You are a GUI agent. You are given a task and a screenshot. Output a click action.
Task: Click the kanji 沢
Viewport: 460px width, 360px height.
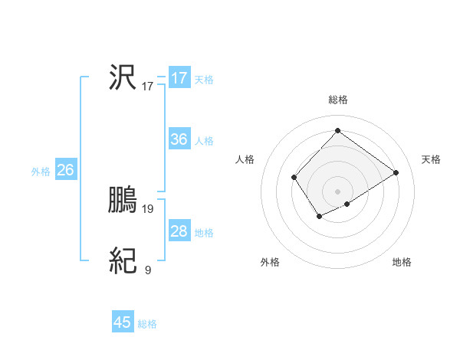(123, 78)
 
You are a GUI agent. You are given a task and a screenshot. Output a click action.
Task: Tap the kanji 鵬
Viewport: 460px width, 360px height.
(123, 201)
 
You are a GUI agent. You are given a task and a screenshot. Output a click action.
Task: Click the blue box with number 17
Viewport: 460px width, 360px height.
(179, 78)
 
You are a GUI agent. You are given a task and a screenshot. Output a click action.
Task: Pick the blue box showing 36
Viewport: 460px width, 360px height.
(179, 139)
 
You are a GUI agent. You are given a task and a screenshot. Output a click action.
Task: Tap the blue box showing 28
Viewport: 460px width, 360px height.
(179, 231)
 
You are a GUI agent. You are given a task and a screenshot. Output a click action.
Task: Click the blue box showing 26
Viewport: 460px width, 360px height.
(65, 170)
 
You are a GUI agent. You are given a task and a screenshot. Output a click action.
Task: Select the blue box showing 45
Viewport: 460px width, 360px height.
(123, 322)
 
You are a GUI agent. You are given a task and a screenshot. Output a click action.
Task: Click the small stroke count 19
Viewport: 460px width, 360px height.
(148, 208)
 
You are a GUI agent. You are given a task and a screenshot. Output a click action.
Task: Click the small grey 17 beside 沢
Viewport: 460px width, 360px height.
(148, 86)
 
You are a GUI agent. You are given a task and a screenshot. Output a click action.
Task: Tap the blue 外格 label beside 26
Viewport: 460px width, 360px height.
(41, 172)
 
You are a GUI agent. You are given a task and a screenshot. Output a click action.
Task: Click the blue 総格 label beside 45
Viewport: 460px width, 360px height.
(147, 324)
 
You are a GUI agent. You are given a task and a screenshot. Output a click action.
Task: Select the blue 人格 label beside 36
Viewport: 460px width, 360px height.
(204, 141)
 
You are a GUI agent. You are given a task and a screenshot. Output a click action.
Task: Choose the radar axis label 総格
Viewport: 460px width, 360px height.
(337, 100)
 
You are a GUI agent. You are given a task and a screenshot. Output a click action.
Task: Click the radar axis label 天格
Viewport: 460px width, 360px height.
(431, 159)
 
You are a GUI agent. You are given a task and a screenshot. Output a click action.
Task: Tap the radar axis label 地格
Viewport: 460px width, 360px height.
(402, 262)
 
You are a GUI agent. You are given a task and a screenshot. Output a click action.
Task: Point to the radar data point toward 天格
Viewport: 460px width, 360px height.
(396, 172)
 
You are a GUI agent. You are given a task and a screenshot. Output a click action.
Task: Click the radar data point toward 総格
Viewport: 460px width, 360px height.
(337, 130)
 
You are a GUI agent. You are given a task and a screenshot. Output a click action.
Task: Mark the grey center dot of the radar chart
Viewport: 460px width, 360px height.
(337, 191)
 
